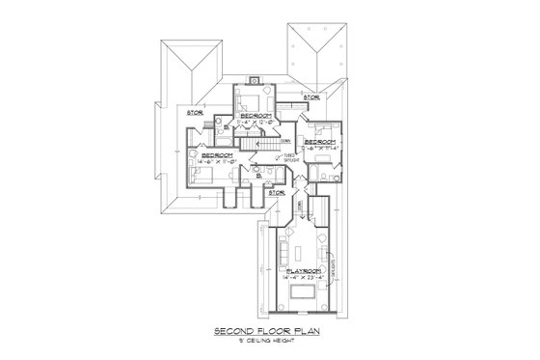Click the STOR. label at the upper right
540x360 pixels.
310,97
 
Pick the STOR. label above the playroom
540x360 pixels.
276,192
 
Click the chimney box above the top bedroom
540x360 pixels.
254,81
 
